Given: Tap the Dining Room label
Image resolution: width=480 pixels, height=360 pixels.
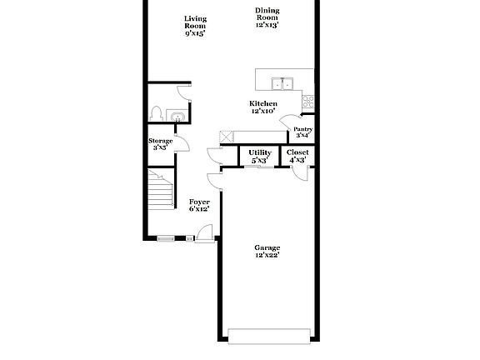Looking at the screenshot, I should (267, 17).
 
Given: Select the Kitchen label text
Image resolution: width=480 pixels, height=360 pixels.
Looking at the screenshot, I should (262, 107).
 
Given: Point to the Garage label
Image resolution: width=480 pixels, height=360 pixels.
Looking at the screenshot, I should (267, 252).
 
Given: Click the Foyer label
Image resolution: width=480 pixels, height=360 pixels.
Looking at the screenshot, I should (199, 205).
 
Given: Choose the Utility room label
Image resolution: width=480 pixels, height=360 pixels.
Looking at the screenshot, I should (260, 156).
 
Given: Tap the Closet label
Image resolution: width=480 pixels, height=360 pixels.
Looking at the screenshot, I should (297, 156).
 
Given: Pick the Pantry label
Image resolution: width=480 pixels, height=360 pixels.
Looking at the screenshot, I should (303, 132).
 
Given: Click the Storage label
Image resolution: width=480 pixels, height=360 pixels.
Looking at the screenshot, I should (161, 143).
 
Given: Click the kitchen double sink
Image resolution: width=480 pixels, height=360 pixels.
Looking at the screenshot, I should (282, 82).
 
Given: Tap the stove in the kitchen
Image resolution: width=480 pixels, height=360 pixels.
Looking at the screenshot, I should (308, 102).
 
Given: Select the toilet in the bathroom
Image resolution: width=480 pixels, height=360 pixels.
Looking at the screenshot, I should (156, 113).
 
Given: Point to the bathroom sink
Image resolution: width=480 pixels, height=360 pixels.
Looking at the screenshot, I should (177, 117).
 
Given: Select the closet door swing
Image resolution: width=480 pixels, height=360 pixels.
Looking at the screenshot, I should (300, 172).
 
